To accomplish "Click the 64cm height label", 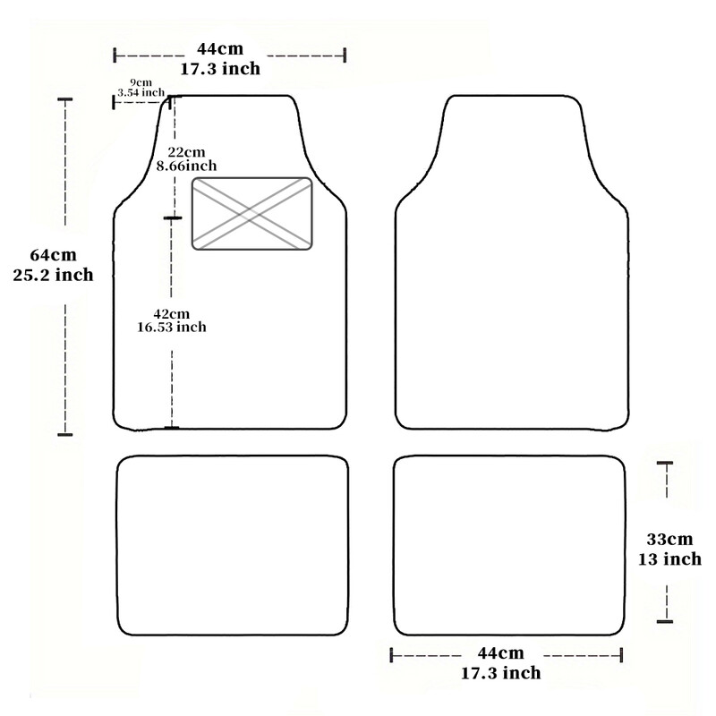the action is pyautogui.click(x=54, y=255).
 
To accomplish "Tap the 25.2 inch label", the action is pyautogui.click(x=54, y=275).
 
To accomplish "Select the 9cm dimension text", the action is pyautogui.click(x=141, y=82).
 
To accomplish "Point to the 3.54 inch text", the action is pyautogui.click(x=141, y=92).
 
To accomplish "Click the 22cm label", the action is pyautogui.click(x=186, y=152).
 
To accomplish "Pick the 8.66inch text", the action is pyautogui.click(x=186, y=166).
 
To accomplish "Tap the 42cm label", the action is pyautogui.click(x=171, y=314).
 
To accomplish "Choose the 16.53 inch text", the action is pyautogui.click(x=172, y=327).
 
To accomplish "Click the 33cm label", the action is pyautogui.click(x=669, y=540).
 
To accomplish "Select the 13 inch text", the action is pyautogui.click(x=669, y=559).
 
